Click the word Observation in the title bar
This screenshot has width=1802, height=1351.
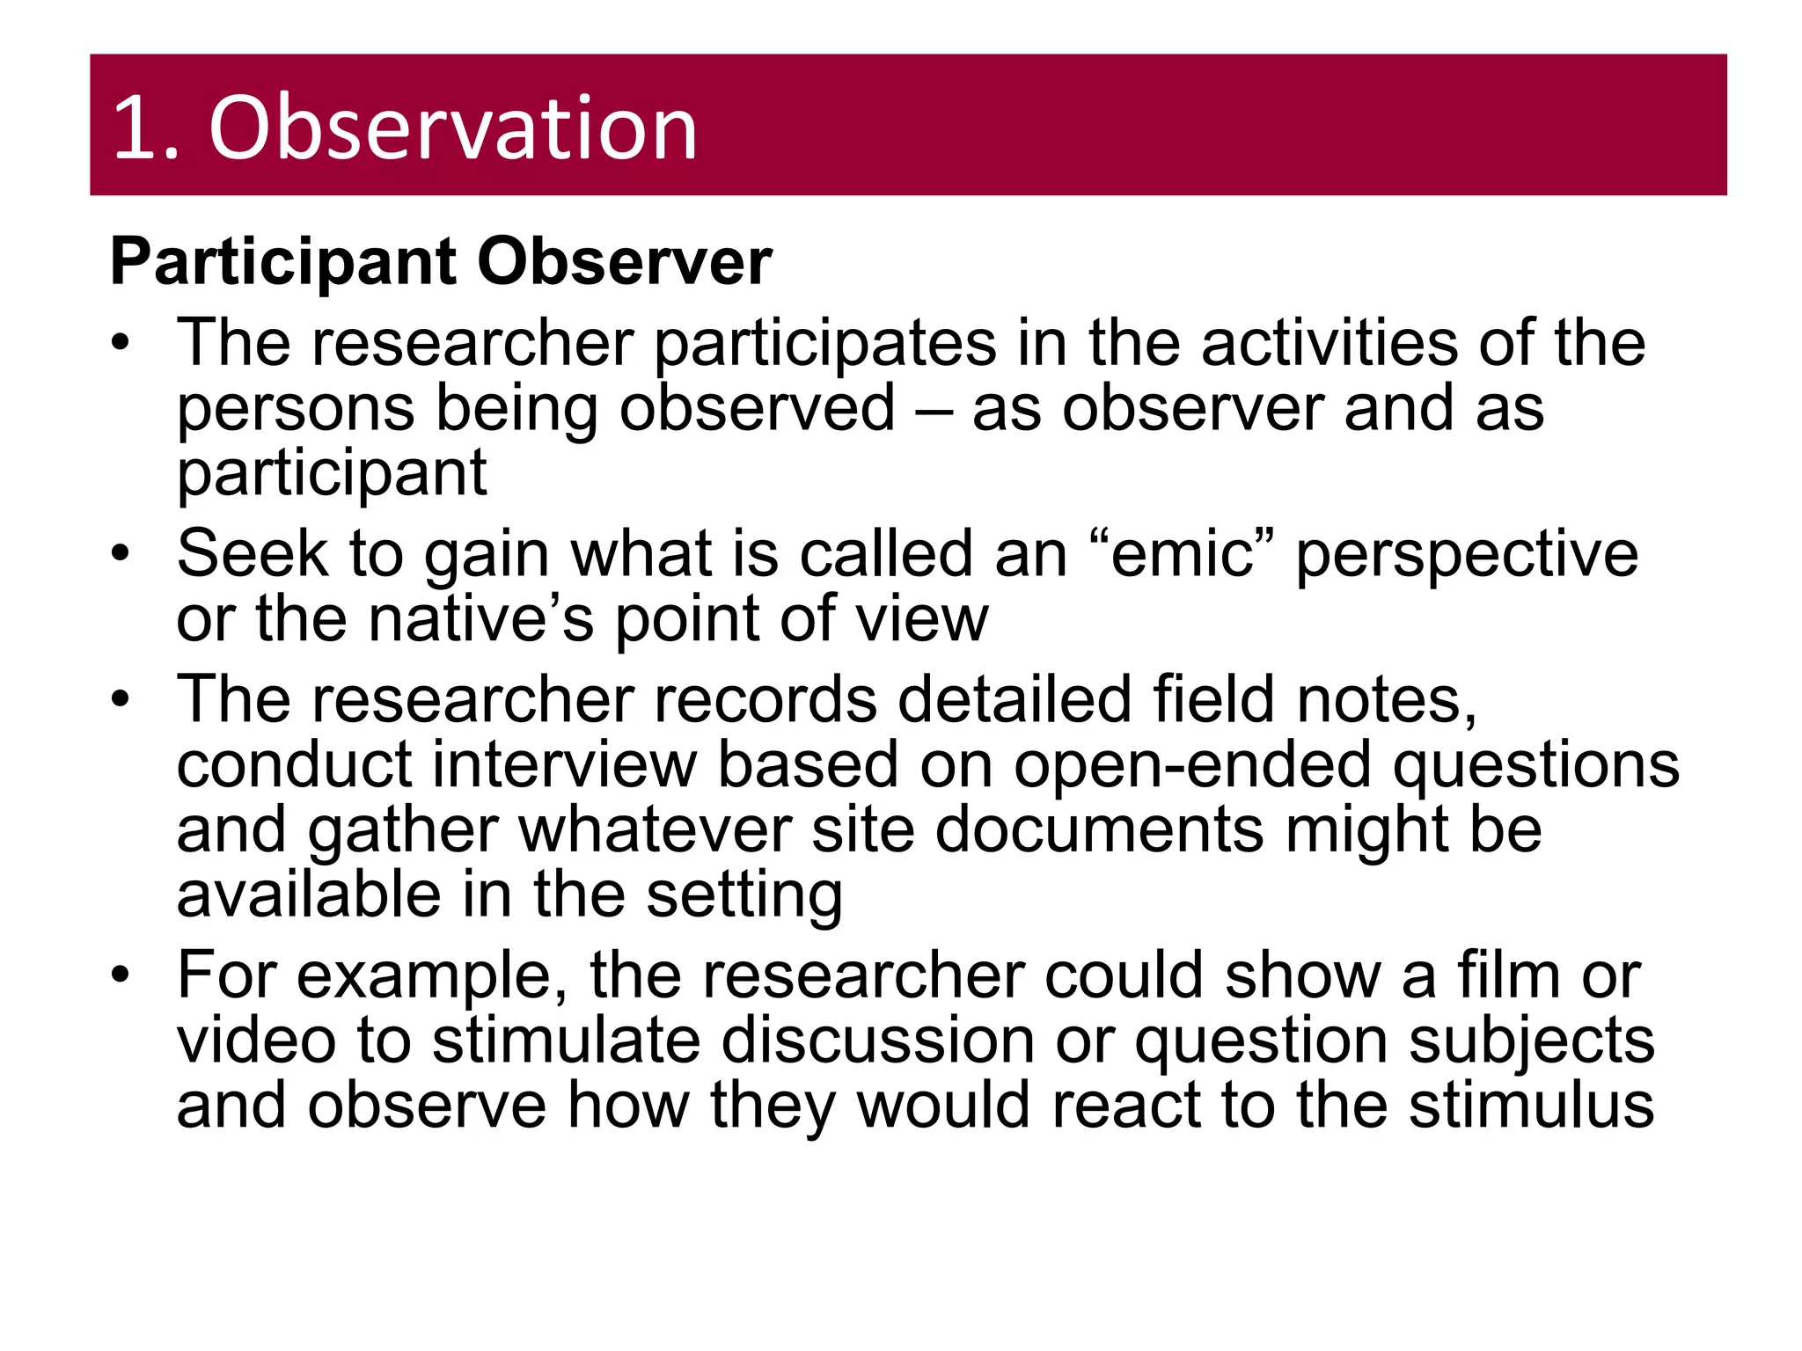click(x=452, y=128)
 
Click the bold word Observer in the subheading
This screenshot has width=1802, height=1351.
click(x=624, y=262)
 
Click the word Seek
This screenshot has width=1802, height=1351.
click(x=252, y=554)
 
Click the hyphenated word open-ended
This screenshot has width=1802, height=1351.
click(x=1191, y=765)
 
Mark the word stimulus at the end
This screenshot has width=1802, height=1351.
click(x=1531, y=1106)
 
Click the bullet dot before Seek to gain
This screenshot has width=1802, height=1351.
click(x=121, y=554)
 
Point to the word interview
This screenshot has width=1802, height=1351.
click(x=564, y=765)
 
